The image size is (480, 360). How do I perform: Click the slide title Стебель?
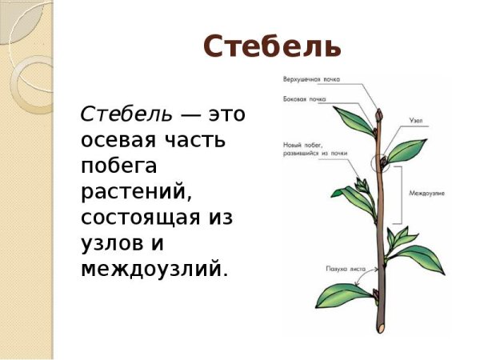coord(272,47)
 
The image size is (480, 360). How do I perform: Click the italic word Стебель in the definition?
coord(126,114)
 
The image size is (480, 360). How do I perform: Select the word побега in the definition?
coord(119,166)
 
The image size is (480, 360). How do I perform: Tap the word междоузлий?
coord(154,269)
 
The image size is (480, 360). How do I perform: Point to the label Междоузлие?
coord(426,194)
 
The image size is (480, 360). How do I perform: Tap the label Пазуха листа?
coord(345,269)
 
